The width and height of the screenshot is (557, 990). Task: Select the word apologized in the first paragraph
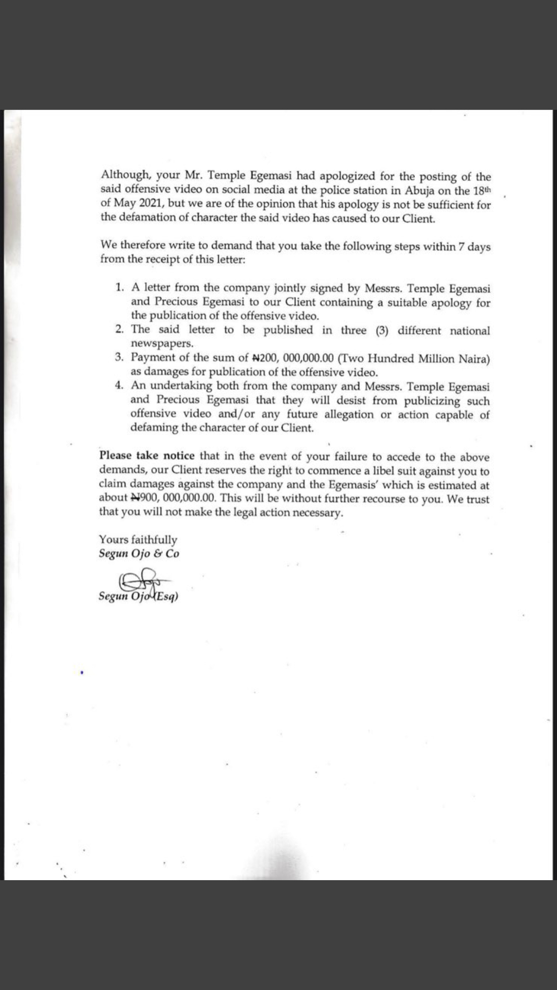click(x=348, y=176)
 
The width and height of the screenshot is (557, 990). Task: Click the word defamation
click(x=143, y=218)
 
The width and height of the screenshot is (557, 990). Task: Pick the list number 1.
click(x=119, y=287)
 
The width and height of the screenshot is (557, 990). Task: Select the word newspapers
click(x=162, y=343)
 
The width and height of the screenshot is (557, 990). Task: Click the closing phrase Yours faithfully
click(x=138, y=539)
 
